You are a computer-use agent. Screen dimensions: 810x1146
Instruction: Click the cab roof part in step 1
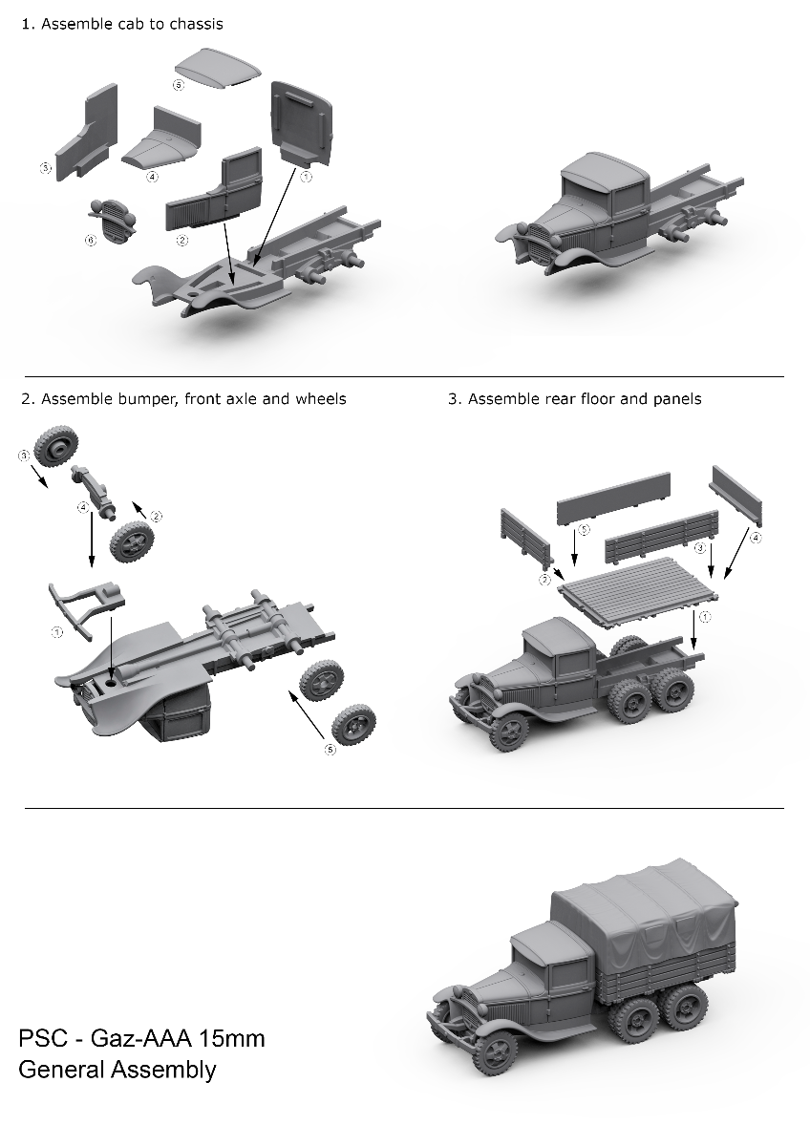tap(217, 69)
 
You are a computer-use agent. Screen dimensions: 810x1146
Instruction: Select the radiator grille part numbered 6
tap(114, 219)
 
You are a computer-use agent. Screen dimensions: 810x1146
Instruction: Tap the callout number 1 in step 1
tap(306, 177)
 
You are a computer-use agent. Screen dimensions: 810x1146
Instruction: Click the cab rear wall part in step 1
tap(302, 123)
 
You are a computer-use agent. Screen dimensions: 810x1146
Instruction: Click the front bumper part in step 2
tap(86, 609)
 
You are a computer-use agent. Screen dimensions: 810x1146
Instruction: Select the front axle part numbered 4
tap(94, 491)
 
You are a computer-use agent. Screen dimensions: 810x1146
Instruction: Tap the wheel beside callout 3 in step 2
tap(56, 446)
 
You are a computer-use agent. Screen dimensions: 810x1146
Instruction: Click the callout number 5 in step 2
tap(330, 750)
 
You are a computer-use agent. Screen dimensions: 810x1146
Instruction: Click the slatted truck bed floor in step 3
tap(638, 588)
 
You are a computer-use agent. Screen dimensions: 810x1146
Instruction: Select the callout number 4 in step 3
tap(756, 538)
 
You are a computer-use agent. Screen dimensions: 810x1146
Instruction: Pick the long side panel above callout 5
tap(613, 499)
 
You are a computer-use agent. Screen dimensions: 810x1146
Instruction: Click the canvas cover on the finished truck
tap(644, 920)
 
